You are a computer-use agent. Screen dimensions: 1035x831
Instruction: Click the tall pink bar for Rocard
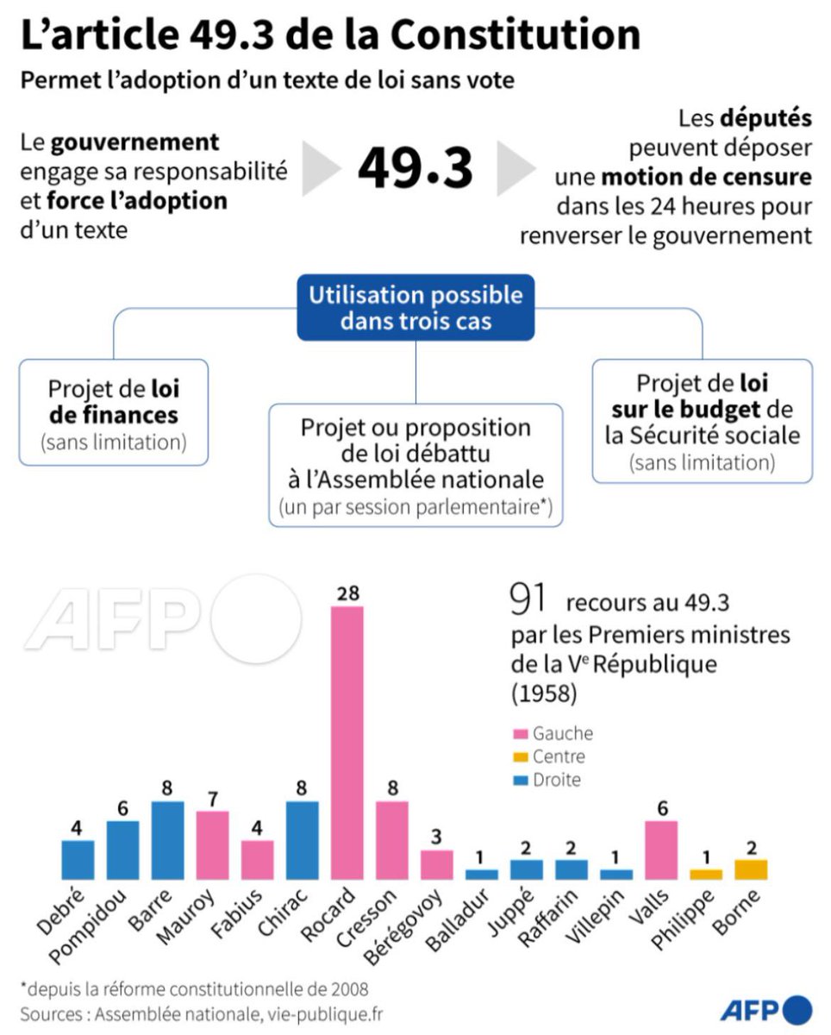[347, 742]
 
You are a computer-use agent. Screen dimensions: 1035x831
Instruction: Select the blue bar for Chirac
[303, 840]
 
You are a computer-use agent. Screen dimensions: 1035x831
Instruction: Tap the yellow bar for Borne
[751, 869]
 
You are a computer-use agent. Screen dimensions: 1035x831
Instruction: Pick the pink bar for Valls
[661, 850]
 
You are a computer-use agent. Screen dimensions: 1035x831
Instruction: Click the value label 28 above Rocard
[347, 593]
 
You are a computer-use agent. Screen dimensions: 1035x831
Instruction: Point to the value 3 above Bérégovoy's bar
[437, 837]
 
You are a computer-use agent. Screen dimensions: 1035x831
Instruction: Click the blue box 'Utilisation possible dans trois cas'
[415, 308]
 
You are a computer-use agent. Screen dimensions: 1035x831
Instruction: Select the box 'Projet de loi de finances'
[114, 412]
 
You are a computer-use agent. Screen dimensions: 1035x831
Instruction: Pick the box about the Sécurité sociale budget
[702, 421]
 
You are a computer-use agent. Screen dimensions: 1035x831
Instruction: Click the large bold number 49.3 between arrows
[415, 167]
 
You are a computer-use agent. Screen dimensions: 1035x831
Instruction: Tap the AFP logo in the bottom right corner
[765, 1008]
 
